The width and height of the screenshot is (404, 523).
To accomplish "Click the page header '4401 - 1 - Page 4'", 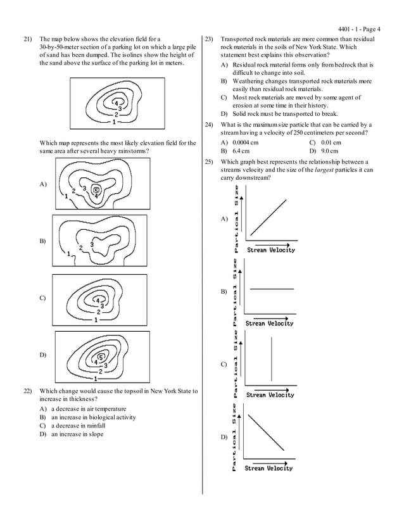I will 364,28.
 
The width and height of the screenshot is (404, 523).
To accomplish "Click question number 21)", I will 27,39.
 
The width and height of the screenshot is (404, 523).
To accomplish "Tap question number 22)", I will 27,391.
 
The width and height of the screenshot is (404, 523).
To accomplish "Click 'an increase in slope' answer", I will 77,434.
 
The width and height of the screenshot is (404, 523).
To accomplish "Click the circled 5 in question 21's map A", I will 96,189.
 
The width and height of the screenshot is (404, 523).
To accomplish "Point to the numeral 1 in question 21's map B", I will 68,254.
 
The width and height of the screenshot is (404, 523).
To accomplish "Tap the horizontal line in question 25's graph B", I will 272,289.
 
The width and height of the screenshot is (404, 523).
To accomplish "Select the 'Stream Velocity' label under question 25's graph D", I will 268,469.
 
